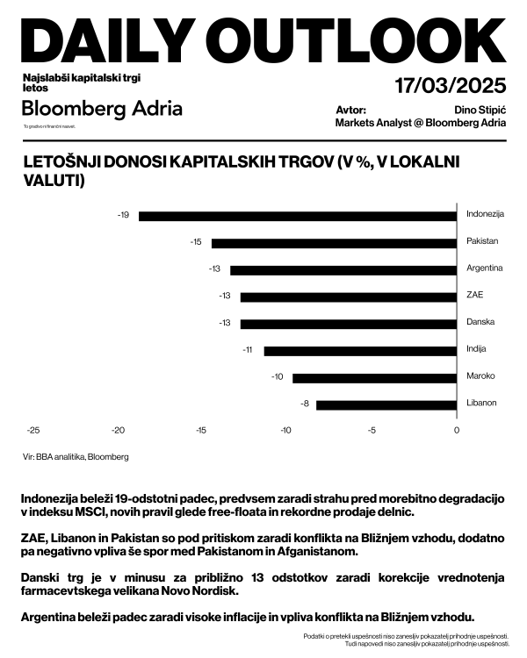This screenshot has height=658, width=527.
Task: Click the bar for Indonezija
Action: (x=298, y=215)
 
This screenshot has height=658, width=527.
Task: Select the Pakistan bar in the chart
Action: (x=334, y=242)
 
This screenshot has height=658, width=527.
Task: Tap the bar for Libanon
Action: (x=386, y=404)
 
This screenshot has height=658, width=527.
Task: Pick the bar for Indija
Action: (x=360, y=351)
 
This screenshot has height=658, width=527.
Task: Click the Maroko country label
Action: (x=480, y=376)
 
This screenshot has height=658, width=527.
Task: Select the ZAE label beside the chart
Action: (x=475, y=295)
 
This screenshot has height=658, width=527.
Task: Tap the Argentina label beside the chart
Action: (x=484, y=268)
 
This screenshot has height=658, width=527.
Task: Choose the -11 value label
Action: (x=248, y=351)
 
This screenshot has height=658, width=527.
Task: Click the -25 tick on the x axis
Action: (x=33, y=430)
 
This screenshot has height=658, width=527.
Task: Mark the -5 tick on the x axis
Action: (x=372, y=430)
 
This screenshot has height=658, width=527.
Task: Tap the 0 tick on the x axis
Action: (x=457, y=430)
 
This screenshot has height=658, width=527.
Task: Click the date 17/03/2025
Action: (x=451, y=86)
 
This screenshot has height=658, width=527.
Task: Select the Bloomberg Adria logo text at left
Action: (x=102, y=109)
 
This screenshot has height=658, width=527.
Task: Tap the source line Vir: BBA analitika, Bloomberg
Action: (x=76, y=457)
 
